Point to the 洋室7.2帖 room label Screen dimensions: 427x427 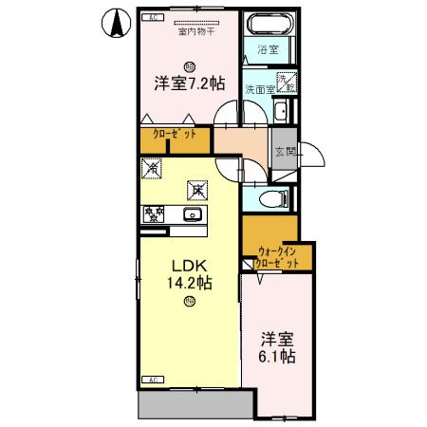[190, 84]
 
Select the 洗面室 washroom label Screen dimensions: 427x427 [258, 89]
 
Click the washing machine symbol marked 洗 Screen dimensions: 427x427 [286, 83]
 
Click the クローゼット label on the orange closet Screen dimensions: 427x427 [176, 136]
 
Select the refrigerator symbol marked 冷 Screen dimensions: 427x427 [152, 170]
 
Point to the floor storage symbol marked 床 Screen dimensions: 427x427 [197, 190]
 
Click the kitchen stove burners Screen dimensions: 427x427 [153, 214]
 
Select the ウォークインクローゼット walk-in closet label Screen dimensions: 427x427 [278, 257]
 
